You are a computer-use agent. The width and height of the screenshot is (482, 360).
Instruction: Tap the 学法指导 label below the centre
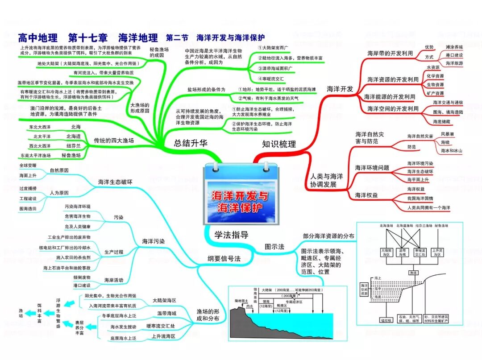[231, 235]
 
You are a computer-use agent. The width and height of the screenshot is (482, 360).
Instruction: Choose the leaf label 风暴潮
[448, 134]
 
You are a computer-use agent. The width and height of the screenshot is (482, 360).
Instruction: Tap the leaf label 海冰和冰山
[451, 151]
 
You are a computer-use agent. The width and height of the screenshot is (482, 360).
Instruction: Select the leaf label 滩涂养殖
[454, 47]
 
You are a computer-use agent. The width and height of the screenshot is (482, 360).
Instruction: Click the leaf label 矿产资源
[435, 93]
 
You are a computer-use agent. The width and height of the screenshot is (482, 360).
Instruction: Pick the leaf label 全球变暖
[28, 166]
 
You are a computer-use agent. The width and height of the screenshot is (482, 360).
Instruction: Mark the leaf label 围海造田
[28, 208]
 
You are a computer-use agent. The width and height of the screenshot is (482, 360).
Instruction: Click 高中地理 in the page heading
[38, 37]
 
